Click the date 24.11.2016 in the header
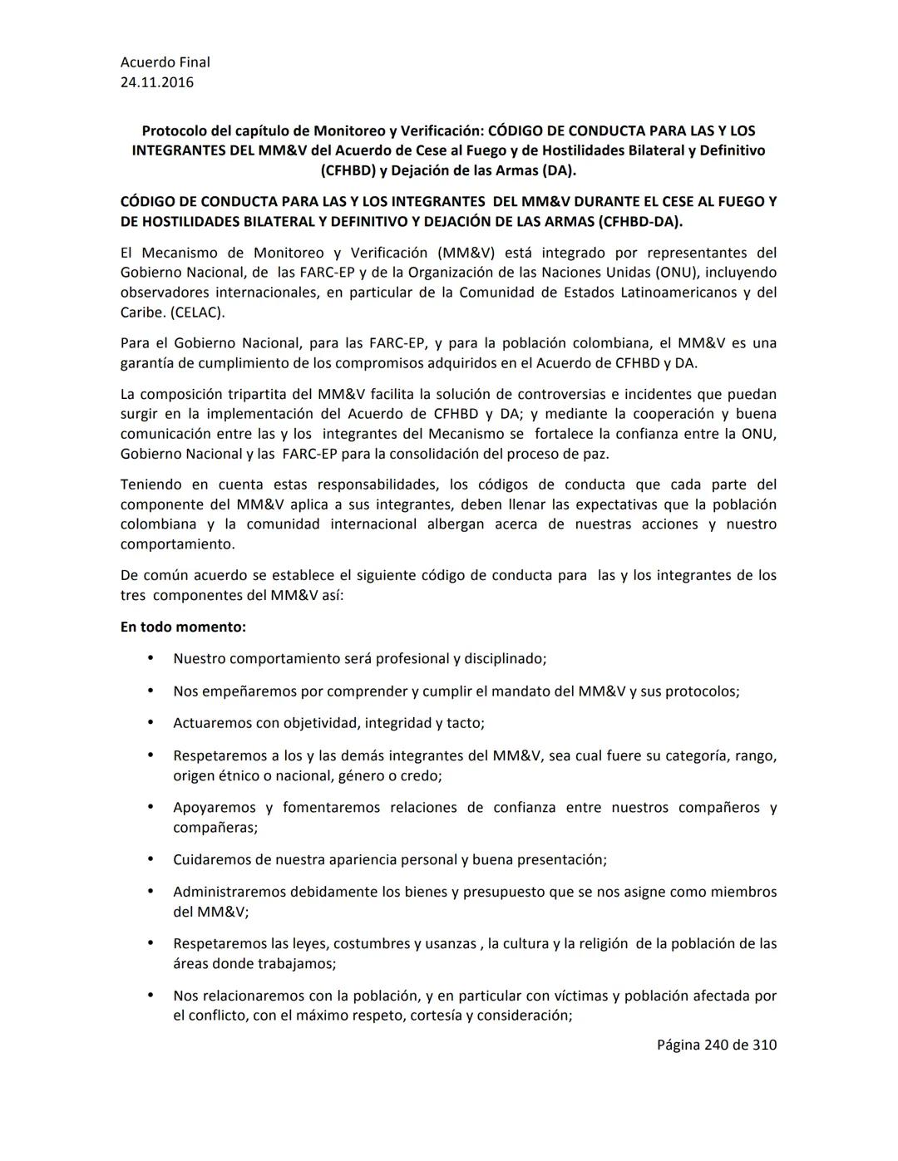157,82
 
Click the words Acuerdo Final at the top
165,62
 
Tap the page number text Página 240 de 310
716,1045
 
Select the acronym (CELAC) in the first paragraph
197,312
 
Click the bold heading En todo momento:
183,627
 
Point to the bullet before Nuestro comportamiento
150,657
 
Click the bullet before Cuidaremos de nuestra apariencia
150,858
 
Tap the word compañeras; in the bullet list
215,828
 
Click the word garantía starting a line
146,363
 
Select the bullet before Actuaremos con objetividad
150,722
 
